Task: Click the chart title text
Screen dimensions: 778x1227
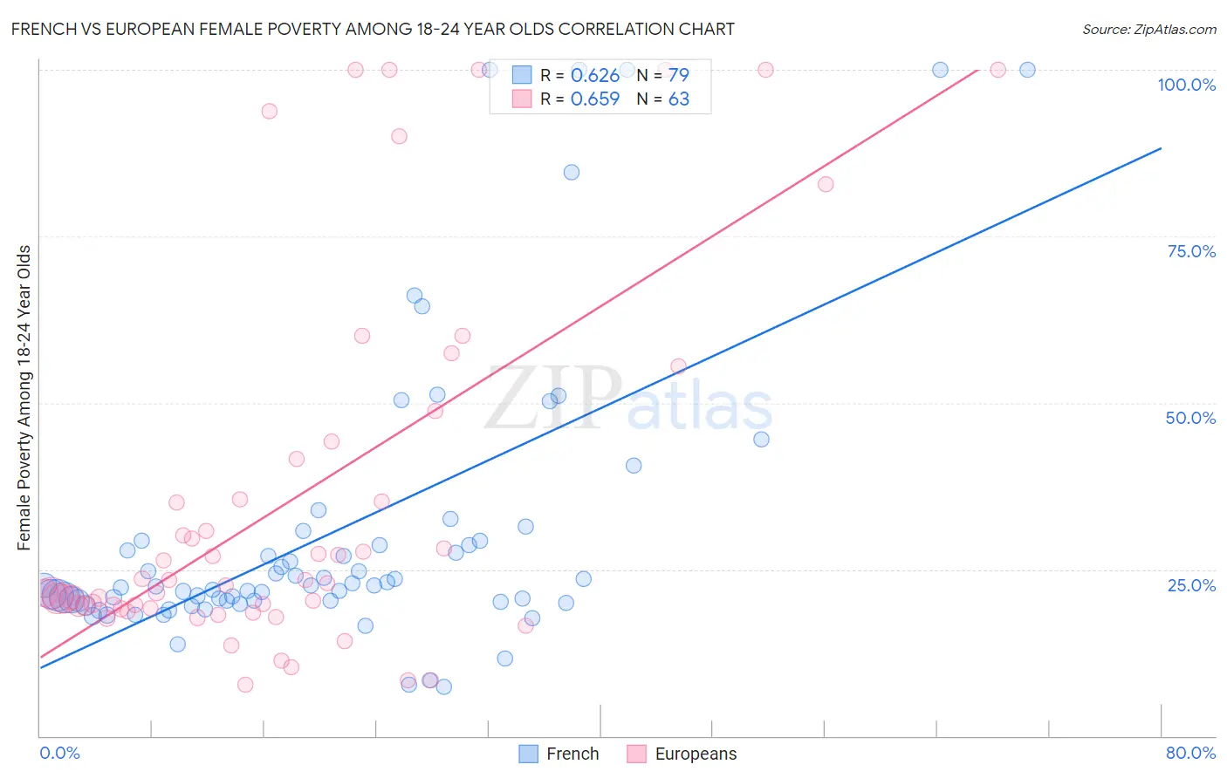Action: [x=373, y=29]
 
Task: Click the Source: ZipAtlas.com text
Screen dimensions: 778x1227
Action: [x=1148, y=29]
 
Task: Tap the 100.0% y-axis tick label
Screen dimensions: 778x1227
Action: [x=1186, y=85]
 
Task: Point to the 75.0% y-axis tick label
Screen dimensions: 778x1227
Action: [x=1190, y=251]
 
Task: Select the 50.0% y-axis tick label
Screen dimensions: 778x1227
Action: [x=1189, y=418]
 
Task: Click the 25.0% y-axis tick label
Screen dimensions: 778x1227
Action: [x=1190, y=584]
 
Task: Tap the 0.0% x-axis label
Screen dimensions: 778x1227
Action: [x=59, y=753]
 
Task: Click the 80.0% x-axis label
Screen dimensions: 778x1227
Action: [x=1190, y=753]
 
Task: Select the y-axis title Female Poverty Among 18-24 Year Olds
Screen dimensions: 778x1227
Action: [x=24, y=398]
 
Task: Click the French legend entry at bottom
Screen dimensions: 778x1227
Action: [x=559, y=754]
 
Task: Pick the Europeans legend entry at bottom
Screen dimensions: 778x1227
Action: [x=682, y=754]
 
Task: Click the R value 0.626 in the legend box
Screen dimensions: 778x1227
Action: [x=594, y=76]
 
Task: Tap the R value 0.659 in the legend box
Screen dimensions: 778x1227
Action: [x=594, y=99]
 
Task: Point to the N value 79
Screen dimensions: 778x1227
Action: [x=678, y=76]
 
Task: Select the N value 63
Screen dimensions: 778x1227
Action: [x=678, y=99]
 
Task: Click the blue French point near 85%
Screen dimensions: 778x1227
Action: [x=572, y=172]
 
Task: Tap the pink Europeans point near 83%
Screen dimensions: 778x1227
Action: [x=826, y=184]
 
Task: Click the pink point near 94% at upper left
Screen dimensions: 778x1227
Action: [x=270, y=111]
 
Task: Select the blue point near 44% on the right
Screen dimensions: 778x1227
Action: [x=761, y=440]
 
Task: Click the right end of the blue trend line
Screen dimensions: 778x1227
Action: [x=1160, y=149]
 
